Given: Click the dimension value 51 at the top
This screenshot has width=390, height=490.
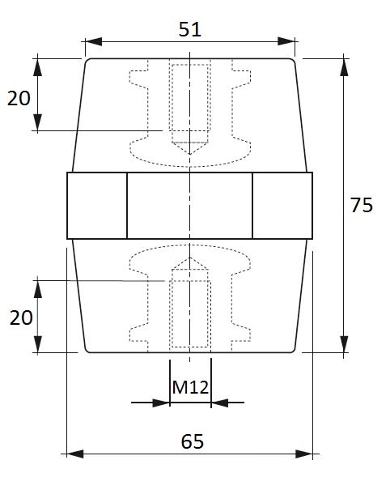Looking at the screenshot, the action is [190, 30].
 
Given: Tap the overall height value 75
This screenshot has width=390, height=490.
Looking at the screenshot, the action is [362, 205].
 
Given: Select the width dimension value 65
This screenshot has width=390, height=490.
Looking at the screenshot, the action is [193, 441].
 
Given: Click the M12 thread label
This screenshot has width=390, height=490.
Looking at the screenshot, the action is [190, 387].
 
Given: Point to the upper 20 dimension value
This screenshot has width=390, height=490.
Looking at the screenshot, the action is [19, 98].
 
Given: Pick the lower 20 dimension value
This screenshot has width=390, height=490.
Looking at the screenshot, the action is [21, 317].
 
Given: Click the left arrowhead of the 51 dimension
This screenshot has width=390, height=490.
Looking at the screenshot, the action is [93, 41].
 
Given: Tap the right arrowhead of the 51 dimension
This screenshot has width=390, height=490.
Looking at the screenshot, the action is [286, 41].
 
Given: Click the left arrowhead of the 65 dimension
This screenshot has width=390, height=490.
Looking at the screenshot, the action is [75, 454].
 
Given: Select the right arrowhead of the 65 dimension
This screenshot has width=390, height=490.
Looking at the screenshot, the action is [304, 454].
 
